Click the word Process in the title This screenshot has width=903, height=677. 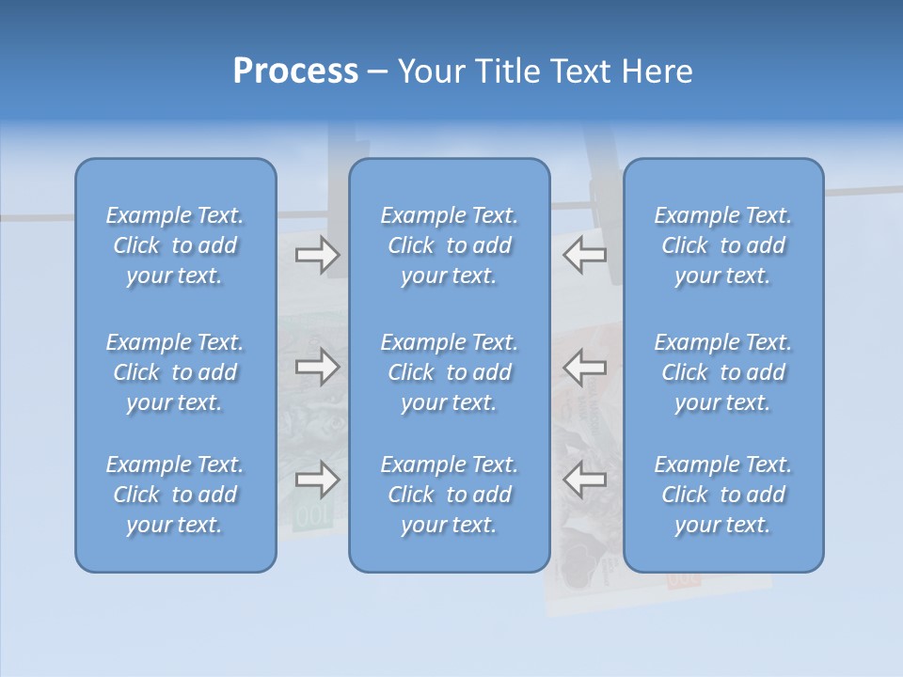tap(295, 71)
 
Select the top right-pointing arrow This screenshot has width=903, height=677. tap(317, 254)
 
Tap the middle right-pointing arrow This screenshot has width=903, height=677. tap(317, 367)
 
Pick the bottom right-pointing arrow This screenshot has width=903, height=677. tap(317, 480)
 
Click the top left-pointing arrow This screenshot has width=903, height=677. tap(585, 254)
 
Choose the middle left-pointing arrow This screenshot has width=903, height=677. tap(585, 367)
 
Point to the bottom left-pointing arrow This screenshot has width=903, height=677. tap(585, 480)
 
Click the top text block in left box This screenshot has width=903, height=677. tap(175, 245)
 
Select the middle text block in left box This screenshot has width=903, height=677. tap(175, 372)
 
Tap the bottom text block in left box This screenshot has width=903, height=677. tap(175, 495)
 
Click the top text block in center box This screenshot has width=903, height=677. tap(449, 245)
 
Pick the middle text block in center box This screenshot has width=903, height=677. tap(449, 372)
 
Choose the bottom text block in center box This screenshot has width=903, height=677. tap(449, 495)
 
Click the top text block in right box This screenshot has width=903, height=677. tap(723, 245)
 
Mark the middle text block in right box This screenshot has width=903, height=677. tap(723, 372)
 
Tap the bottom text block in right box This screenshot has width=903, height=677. tap(723, 495)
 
